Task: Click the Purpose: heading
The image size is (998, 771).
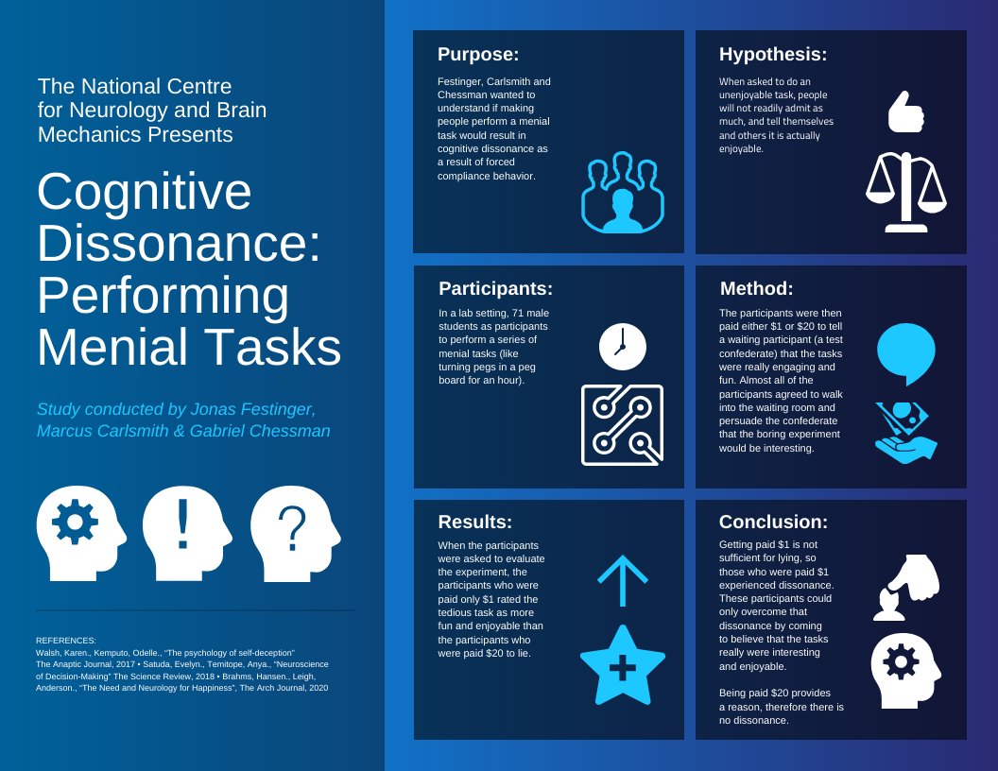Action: [x=478, y=55]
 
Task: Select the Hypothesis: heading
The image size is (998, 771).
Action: [x=772, y=55]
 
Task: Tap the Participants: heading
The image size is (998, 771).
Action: [x=495, y=289]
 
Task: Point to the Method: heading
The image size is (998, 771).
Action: [x=756, y=289]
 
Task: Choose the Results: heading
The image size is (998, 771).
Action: [x=474, y=523]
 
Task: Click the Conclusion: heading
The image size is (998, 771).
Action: [x=773, y=523]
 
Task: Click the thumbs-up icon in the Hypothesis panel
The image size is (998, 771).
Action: [x=905, y=112]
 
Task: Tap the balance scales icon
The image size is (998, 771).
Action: [x=905, y=192]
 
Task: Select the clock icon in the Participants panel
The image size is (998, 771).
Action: [x=623, y=347]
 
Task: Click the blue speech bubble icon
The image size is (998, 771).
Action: [x=905, y=352]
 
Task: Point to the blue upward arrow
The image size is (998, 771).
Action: [x=623, y=580]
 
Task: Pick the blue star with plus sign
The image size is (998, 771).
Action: [x=623, y=665]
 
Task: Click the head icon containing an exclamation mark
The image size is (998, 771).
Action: [x=185, y=533]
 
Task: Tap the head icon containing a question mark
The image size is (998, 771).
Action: [x=294, y=533]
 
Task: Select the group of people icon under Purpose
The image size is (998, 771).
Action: [x=622, y=193]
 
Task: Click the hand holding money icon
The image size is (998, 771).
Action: [x=904, y=433]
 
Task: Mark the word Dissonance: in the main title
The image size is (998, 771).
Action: [x=179, y=243]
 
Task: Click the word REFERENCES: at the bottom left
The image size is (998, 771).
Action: [x=66, y=641]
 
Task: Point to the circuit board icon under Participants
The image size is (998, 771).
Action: [x=622, y=425]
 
